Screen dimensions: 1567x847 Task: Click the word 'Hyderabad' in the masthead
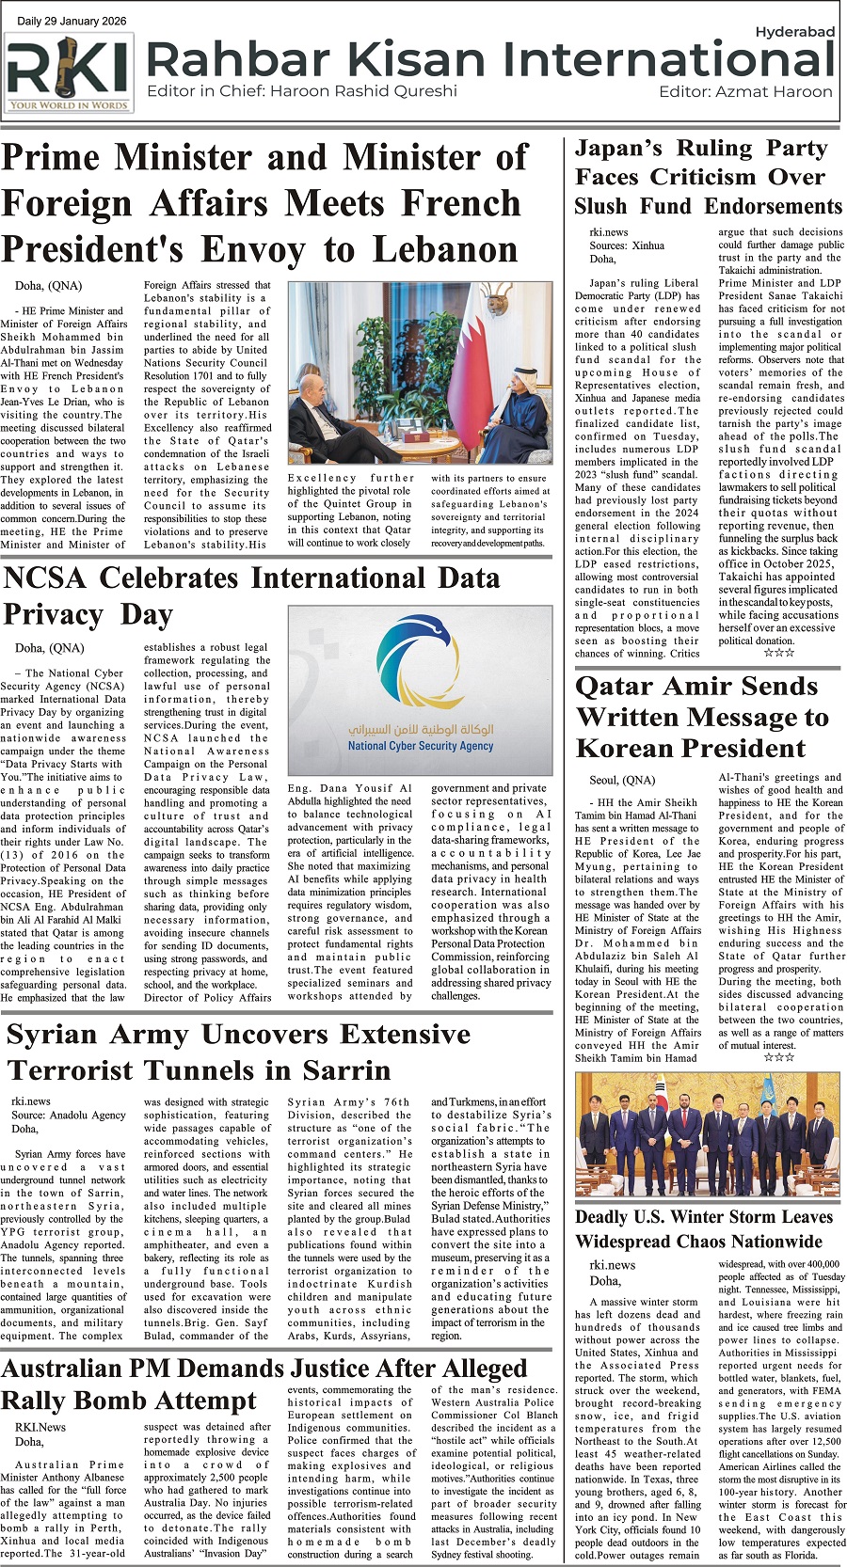coord(794,32)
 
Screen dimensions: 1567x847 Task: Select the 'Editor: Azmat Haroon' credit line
coord(745,91)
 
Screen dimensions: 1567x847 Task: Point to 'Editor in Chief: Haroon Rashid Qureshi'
coord(302,91)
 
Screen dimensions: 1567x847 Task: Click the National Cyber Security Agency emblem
coord(420,668)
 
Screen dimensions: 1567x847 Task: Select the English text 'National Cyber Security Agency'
coord(420,746)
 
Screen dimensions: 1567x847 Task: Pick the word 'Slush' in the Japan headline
coord(600,207)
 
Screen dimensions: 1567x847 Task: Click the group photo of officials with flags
coord(705,1136)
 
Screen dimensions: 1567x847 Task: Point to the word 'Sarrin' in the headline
coord(340,1071)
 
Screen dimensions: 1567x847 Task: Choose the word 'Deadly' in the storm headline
coord(612,1217)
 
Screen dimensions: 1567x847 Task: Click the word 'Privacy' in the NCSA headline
coord(54,615)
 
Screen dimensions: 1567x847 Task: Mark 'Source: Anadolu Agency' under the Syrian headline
coord(69,1115)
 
